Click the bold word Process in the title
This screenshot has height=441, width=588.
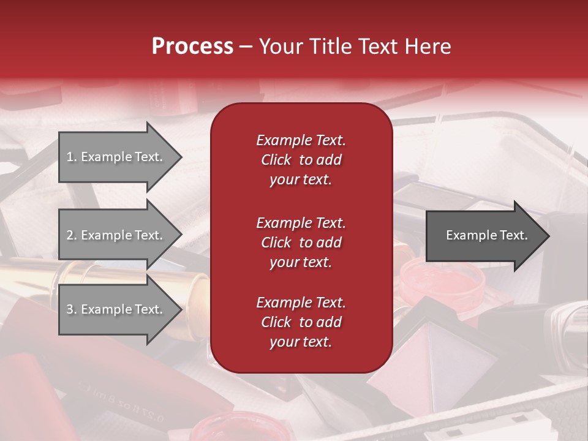[192, 47]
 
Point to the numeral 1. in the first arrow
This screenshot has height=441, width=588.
[71, 157]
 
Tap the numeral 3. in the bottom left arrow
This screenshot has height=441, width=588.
[71, 309]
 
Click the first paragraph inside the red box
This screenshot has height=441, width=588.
[301, 160]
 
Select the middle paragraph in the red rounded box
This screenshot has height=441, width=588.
[301, 242]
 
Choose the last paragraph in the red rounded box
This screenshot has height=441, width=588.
[301, 322]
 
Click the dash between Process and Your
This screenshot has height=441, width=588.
[246, 47]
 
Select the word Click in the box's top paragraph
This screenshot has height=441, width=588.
[276, 160]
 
